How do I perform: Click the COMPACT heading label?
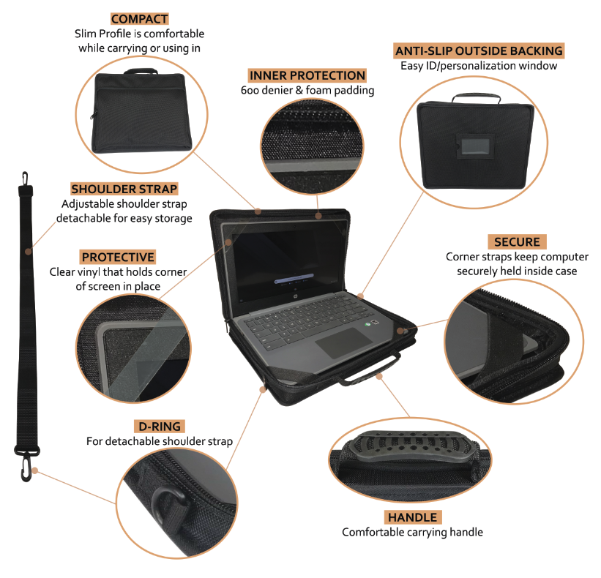(x=139, y=19)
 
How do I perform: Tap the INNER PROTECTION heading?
(x=307, y=75)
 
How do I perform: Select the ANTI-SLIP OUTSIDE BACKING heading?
(x=479, y=50)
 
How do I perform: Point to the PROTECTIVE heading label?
(x=118, y=257)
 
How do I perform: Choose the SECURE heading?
(x=517, y=242)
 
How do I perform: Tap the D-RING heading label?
(x=159, y=426)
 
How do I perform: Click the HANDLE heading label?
(x=412, y=517)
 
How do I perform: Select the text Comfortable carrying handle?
(x=412, y=532)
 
